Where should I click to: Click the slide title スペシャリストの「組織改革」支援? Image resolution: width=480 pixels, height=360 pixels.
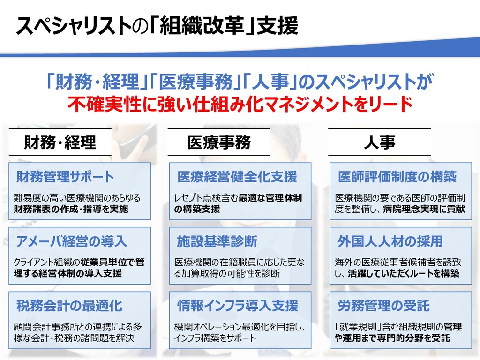point(157,27)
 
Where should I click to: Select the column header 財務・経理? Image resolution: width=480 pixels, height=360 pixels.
point(60,142)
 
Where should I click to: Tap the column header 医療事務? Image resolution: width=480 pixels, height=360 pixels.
point(219,142)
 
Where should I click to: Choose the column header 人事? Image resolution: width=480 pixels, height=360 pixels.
point(379,142)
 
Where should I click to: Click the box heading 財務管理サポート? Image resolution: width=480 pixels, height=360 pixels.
point(65,177)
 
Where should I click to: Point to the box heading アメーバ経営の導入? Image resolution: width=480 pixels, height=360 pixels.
point(71,241)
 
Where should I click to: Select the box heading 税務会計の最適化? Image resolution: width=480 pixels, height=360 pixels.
point(69,306)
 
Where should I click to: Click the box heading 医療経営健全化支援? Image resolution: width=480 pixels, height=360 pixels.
point(237,177)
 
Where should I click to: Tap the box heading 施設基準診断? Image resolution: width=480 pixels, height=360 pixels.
point(217,241)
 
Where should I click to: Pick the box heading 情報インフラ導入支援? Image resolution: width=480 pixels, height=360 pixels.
point(237,306)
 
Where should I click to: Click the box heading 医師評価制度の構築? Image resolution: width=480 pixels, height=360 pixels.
point(397,177)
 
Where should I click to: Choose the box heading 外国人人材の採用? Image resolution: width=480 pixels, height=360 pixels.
point(390,241)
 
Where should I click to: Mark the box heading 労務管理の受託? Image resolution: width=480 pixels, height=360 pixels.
point(383,306)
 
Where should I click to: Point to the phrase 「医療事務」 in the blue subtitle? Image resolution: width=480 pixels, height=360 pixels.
point(196,83)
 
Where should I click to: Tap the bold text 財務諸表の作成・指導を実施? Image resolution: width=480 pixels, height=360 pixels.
point(71,209)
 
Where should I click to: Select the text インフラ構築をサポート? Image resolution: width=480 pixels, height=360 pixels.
point(215,338)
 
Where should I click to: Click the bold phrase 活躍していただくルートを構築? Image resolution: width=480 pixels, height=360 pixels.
point(404,273)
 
